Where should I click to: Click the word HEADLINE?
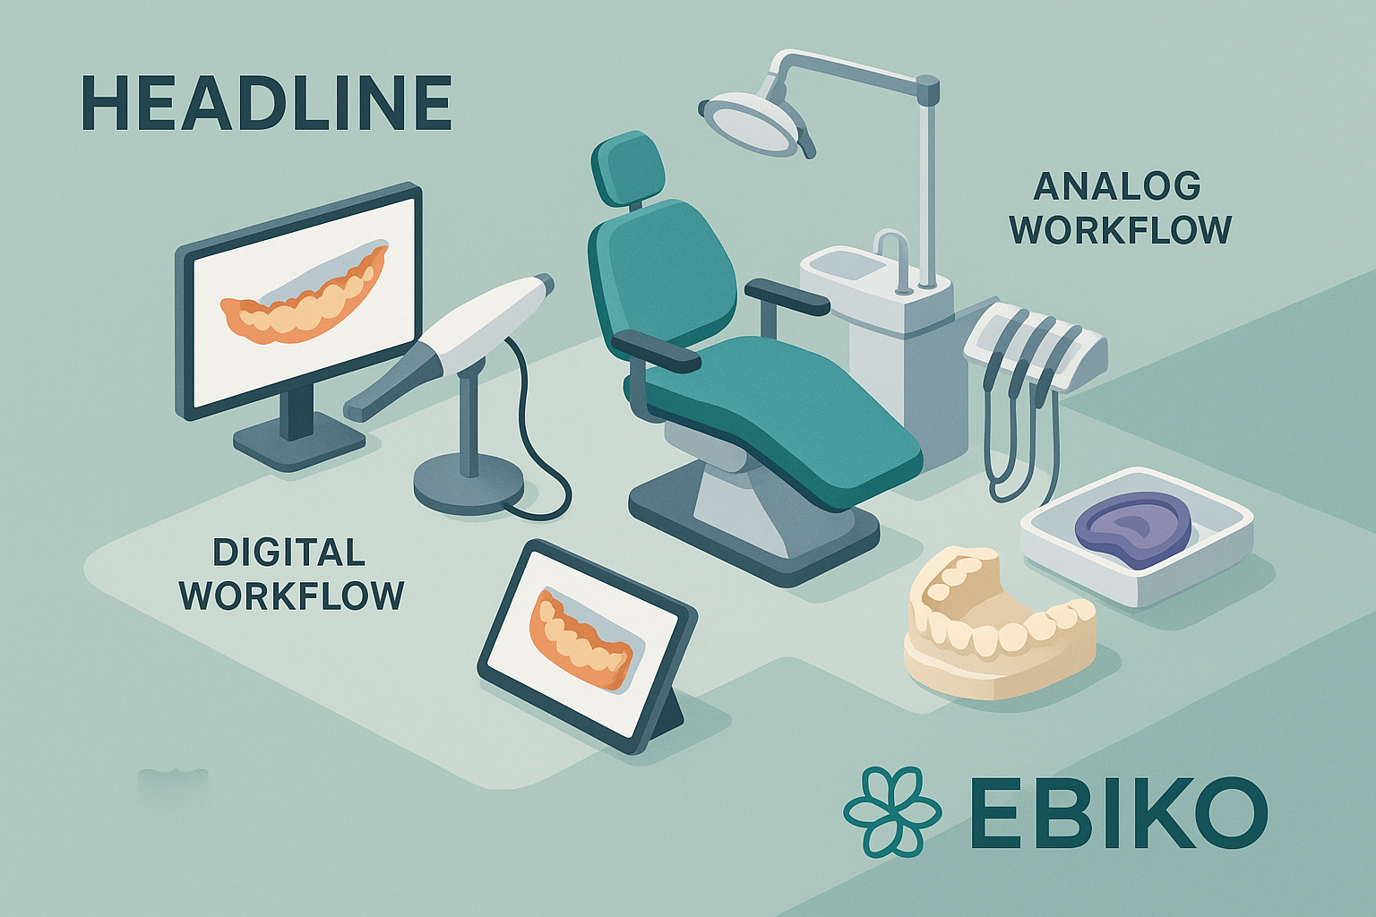pos(266,104)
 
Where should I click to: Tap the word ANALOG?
pos(1117,186)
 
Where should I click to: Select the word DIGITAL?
pos(288,553)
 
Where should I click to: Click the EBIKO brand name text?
pos(1118,813)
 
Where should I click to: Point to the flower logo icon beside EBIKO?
pos(891,810)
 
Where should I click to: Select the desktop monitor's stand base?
pos(298,442)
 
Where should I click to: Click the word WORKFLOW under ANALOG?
pos(1121,230)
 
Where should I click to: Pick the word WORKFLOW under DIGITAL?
pos(292,596)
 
